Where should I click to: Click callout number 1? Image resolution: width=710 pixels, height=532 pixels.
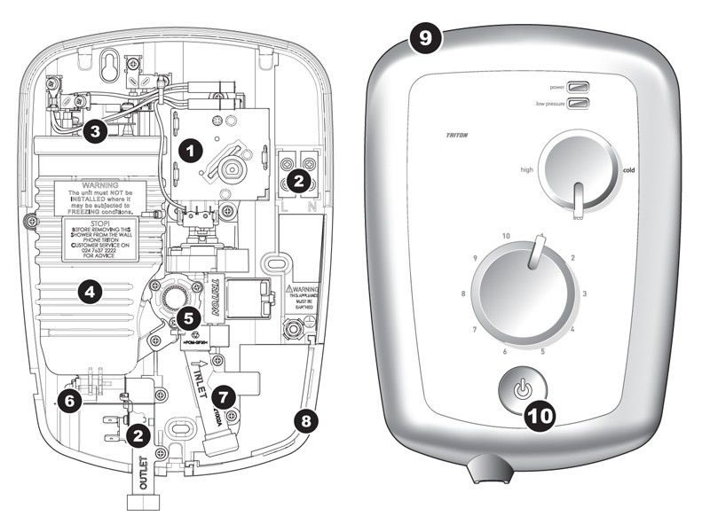(186, 151)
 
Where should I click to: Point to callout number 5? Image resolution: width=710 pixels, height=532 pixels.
(185, 316)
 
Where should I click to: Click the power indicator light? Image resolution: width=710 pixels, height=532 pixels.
(580, 88)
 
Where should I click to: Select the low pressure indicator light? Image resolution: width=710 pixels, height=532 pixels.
(580, 106)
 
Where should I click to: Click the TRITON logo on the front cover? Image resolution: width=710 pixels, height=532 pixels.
(459, 136)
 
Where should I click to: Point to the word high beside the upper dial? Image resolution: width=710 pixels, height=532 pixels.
(525, 169)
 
